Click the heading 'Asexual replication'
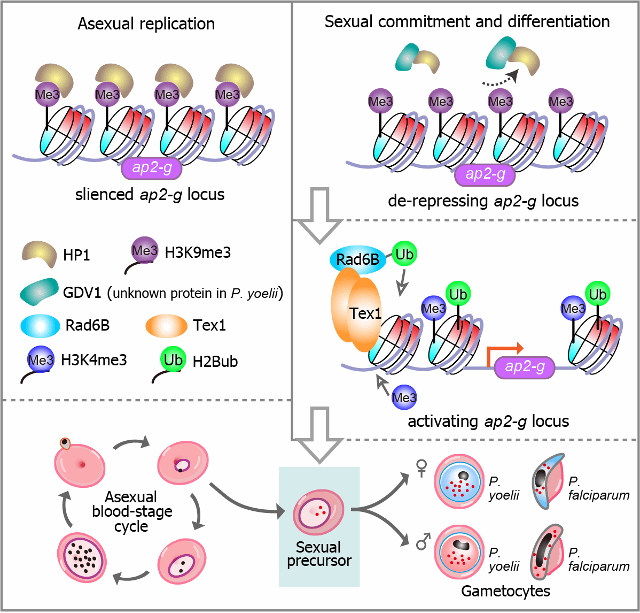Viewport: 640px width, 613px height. [146, 24]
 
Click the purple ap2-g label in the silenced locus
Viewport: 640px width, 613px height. [151, 168]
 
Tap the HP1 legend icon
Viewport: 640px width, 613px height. [39, 254]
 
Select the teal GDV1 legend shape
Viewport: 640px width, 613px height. [39, 292]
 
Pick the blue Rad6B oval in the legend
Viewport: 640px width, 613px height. [41, 326]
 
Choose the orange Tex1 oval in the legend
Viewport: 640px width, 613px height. [166, 326]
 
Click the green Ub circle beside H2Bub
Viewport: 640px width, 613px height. [173, 359]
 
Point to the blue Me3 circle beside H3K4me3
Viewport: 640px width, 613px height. [41, 359]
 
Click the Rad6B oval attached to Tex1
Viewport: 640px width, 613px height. [357, 259]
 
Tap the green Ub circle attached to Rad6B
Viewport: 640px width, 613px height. [404, 254]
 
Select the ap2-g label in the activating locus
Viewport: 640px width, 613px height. [525, 367]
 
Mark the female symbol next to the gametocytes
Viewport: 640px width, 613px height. [421, 469]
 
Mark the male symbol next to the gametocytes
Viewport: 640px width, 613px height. [423, 541]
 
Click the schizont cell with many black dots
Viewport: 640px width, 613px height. [82, 557]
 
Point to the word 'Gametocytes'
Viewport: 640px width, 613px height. [505, 591]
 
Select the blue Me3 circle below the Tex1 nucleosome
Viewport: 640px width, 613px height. [404, 397]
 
